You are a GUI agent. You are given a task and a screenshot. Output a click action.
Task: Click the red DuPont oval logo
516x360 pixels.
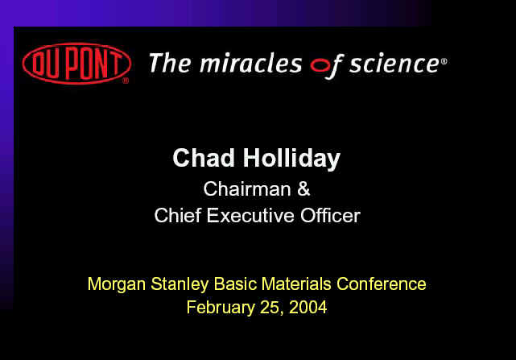click(x=76, y=64)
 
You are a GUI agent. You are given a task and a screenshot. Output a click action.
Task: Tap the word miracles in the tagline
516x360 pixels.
click(x=251, y=63)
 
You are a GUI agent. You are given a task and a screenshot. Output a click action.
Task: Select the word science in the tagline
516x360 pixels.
click(x=394, y=64)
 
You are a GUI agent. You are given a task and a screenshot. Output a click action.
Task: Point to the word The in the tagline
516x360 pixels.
click(x=170, y=63)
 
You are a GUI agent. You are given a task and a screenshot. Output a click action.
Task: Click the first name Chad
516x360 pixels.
click(x=204, y=158)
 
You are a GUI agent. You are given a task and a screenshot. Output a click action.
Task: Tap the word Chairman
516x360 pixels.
click(x=247, y=189)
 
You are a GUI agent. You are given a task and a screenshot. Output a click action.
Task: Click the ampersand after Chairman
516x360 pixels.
click(x=303, y=189)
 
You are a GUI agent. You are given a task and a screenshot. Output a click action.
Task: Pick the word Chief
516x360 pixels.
click(x=178, y=215)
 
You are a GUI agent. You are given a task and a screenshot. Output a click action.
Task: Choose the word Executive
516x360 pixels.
click(x=250, y=215)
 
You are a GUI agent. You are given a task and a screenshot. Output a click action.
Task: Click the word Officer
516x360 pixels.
click(x=330, y=215)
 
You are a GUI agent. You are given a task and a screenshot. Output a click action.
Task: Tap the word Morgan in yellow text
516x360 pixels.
click(x=117, y=284)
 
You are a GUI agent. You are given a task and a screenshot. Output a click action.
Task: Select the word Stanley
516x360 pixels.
click(x=180, y=284)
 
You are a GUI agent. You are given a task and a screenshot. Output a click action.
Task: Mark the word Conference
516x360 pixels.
click(x=382, y=284)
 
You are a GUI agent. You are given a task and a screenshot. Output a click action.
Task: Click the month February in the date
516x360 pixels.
click(x=221, y=308)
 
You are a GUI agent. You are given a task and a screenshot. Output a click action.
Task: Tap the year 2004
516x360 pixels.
click(x=308, y=308)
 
